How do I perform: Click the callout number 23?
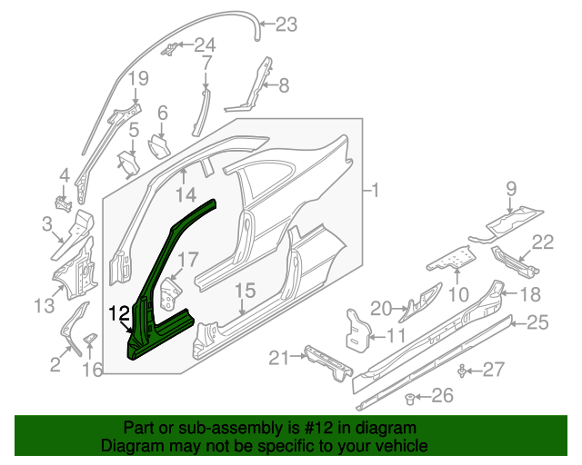pos(286,25)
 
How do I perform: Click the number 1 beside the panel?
pos(376,191)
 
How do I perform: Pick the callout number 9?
pos(511,189)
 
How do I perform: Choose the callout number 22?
pos(543,242)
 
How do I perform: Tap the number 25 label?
pos(539,321)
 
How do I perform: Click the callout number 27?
pos(493,369)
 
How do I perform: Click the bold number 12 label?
pos(120,314)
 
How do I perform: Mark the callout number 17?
pos(186,261)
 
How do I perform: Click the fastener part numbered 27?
pos(466,370)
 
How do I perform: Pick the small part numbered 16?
pos(91,340)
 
